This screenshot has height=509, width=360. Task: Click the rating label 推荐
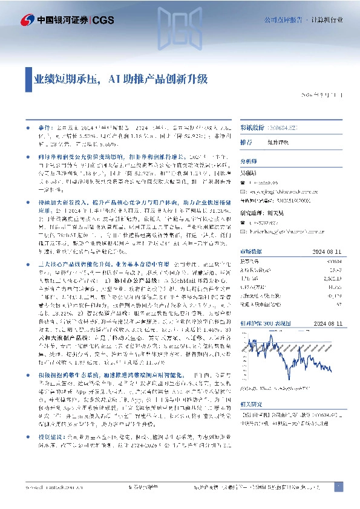(246, 143)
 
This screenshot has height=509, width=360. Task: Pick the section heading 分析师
(249, 162)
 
